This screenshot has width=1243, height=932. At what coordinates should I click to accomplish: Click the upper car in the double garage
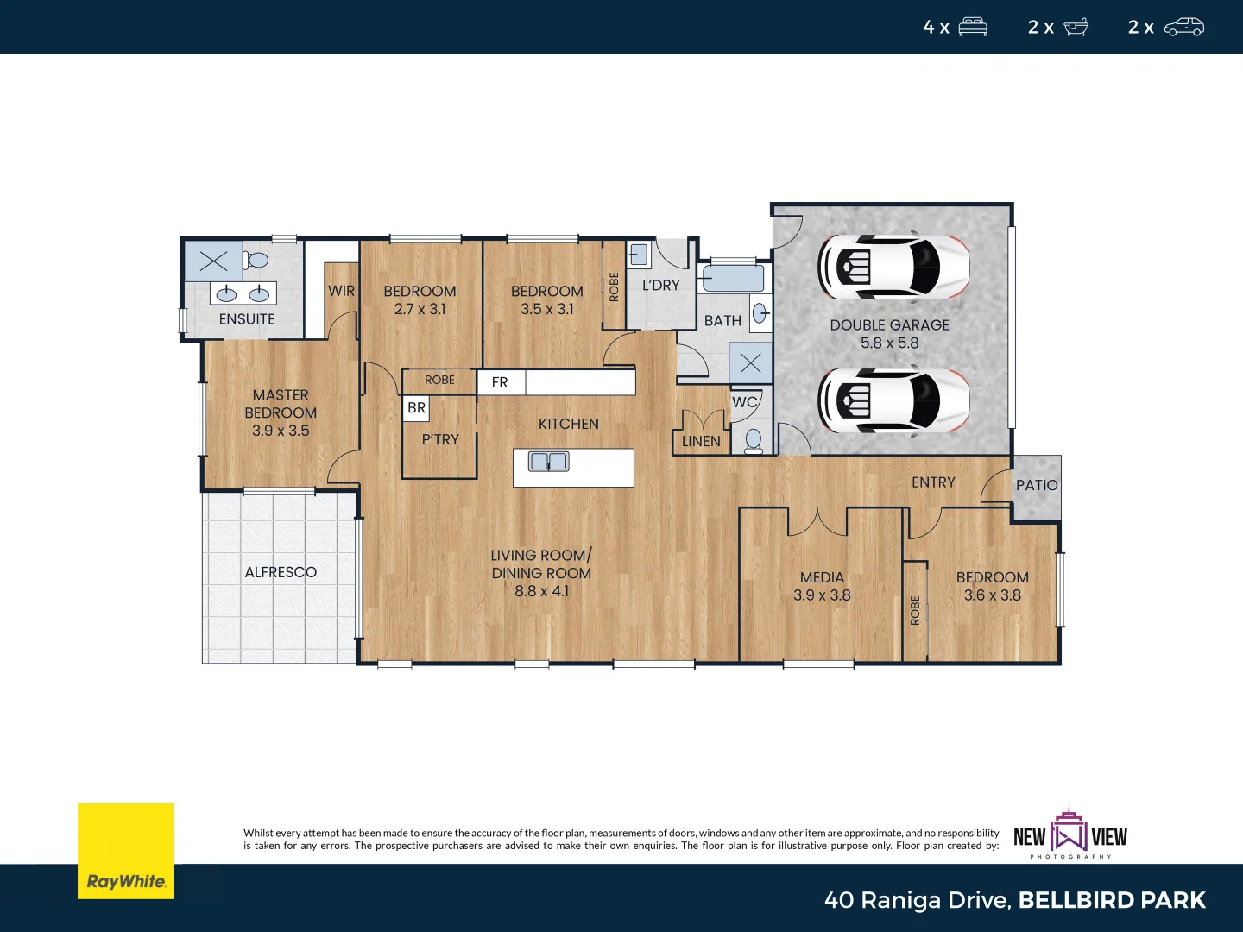pos(893,266)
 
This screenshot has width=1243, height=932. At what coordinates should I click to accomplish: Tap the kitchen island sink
pos(549,462)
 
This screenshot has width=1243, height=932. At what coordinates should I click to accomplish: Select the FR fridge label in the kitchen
pos(500,382)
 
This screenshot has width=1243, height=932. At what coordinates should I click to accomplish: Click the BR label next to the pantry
pos(416,408)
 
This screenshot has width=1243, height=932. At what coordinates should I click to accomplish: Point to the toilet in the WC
pos(754,440)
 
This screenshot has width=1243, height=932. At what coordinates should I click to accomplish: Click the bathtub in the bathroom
pos(733,279)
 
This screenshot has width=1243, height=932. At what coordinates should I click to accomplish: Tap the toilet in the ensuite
pos(256,260)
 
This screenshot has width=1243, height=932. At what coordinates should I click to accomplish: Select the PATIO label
pos(1036,485)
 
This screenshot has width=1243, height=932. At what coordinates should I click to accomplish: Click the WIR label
pos(341,291)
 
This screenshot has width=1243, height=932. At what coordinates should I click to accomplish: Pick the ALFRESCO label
pos(281,572)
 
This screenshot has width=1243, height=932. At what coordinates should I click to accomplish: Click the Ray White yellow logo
pos(126,851)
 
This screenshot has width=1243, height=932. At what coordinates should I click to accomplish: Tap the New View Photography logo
pos(1070,834)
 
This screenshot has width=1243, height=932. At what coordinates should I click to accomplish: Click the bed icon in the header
pos(973,28)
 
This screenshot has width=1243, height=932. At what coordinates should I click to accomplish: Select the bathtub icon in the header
pos(1076,28)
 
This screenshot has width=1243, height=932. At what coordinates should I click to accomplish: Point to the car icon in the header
pos(1183,28)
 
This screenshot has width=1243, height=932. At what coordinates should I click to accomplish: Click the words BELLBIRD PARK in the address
pos(1112,900)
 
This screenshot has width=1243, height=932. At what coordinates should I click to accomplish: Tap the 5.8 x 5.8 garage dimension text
pos(889,343)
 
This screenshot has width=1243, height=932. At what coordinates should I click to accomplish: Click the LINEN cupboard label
pos(701,441)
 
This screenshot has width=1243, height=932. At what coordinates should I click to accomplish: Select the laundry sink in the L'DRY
pos(638,255)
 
